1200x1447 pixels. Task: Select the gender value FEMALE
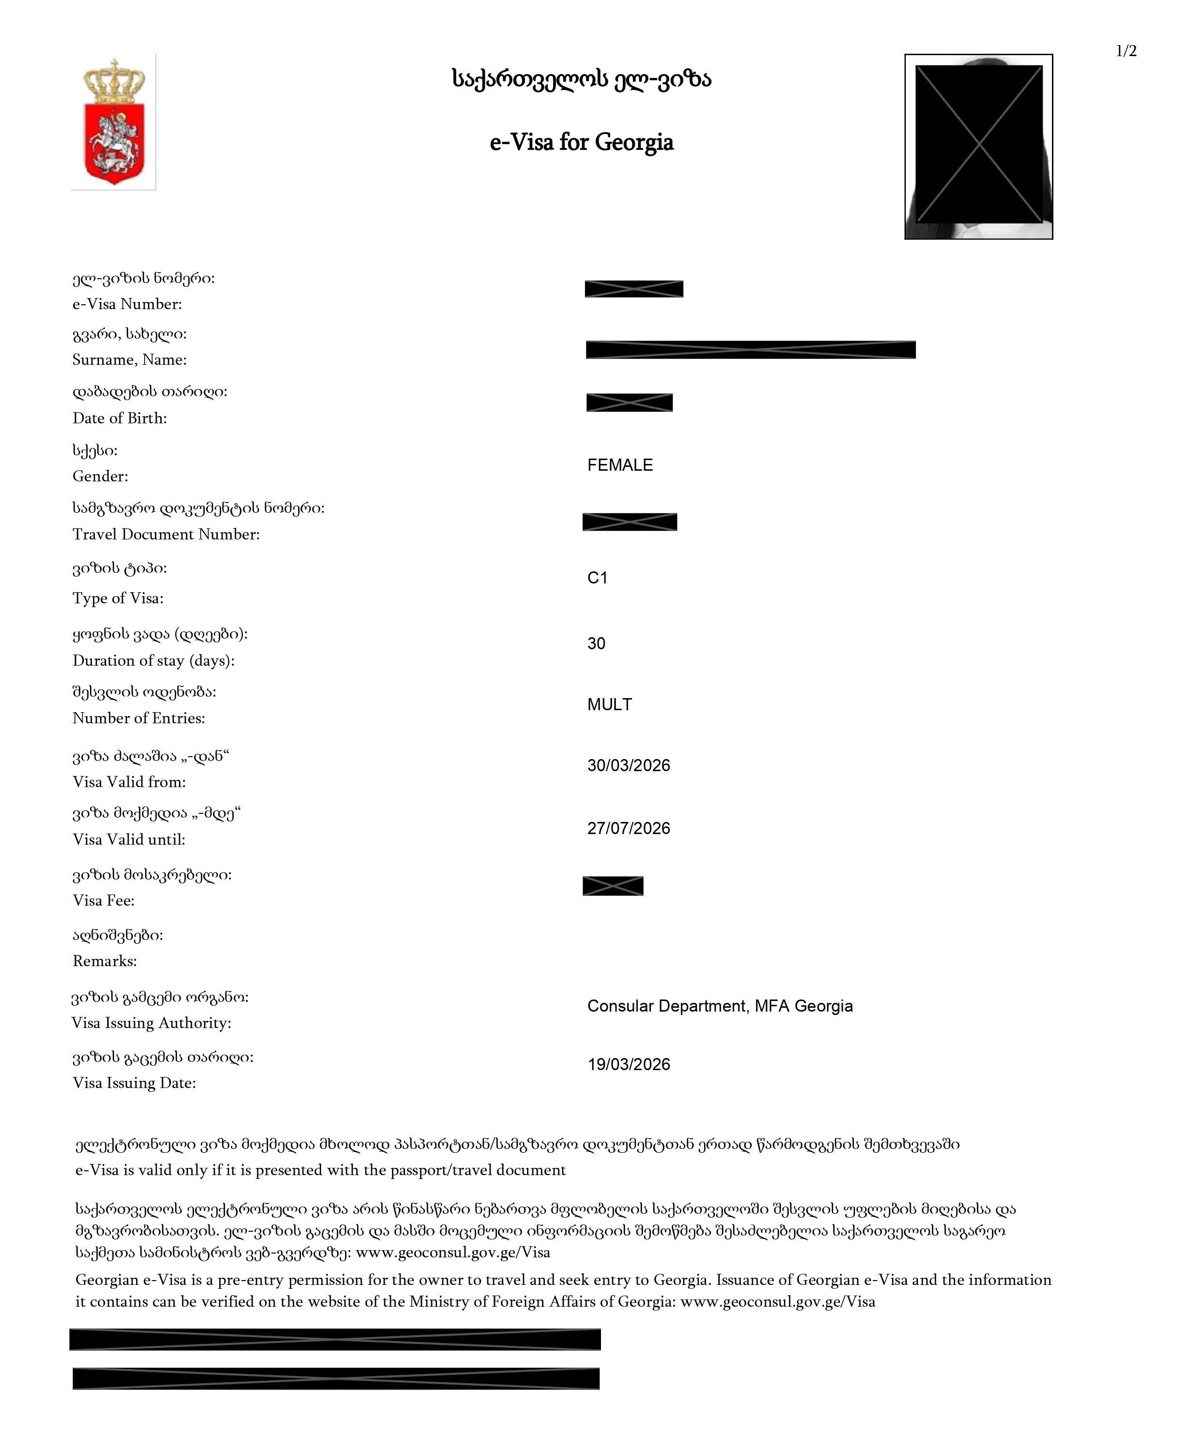620,465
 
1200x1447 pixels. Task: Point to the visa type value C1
597,578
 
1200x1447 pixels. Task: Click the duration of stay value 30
596,643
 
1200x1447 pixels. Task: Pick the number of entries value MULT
609,704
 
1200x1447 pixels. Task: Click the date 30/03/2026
628,765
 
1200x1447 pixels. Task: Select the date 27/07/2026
628,828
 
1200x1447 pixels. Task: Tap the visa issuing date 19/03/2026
628,1065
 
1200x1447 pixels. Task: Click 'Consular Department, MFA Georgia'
720,1006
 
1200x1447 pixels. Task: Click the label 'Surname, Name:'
130,359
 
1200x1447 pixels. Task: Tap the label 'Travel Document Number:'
166,534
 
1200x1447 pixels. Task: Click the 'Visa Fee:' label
104,901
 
